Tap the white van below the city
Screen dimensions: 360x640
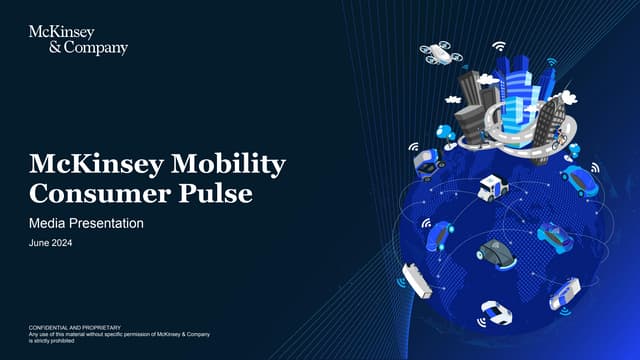(492, 186)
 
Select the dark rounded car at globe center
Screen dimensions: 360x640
(493, 251)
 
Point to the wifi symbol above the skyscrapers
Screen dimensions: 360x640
(498, 46)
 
